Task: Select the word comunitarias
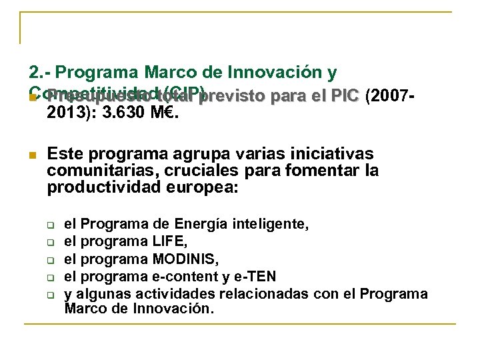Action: point(95,171)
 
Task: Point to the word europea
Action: point(203,187)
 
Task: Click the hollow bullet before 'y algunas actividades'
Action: point(50,294)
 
